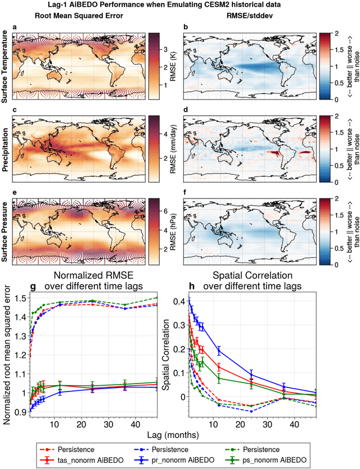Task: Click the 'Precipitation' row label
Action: pyautogui.click(x=4, y=149)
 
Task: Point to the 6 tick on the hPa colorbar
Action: pyautogui.click(x=164, y=209)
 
